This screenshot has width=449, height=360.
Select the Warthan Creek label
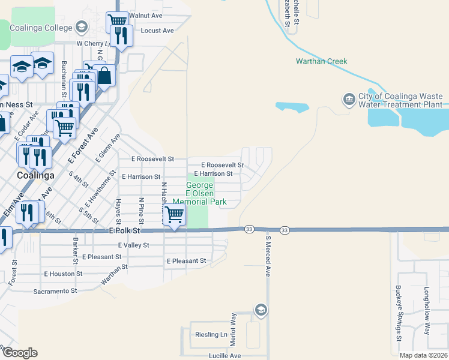click(x=321, y=61)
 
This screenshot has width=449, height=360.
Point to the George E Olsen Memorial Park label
click(x=200, y=194)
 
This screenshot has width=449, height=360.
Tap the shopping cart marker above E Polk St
click(x=174, y=214)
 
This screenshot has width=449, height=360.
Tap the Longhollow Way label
click(x=427, y=311)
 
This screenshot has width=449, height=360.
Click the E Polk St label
click(x=124, y=230)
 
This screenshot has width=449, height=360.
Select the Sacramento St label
click(x=56, y=291)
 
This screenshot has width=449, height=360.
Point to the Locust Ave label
click(x=157, y=30)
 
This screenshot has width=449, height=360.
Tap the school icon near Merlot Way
click(x=261, y=310)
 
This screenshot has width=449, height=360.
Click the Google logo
click(x=20, y=353)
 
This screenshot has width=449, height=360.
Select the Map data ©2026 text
click(x=423, y=355)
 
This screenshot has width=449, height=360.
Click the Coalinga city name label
click(x=35, y=175)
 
